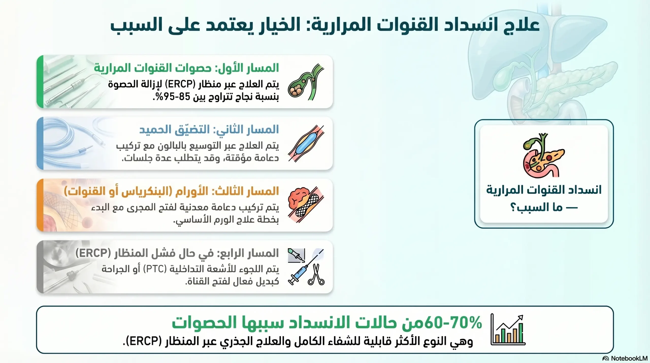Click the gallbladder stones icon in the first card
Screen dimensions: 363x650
[306, 83]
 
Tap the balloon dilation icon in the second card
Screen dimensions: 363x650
[306, 144]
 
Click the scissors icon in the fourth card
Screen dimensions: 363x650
[316, 275]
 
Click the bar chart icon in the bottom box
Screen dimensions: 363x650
[508, 329]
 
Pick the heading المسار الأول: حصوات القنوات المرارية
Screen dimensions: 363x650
[186, 68]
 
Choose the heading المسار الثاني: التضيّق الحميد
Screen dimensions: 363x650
[209, 130]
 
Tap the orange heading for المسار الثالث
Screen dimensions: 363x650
[171, 191]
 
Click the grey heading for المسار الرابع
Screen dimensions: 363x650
[177, 253]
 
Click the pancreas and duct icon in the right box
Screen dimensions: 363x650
[543, 155]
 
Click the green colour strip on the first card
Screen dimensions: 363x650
[40, 82]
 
